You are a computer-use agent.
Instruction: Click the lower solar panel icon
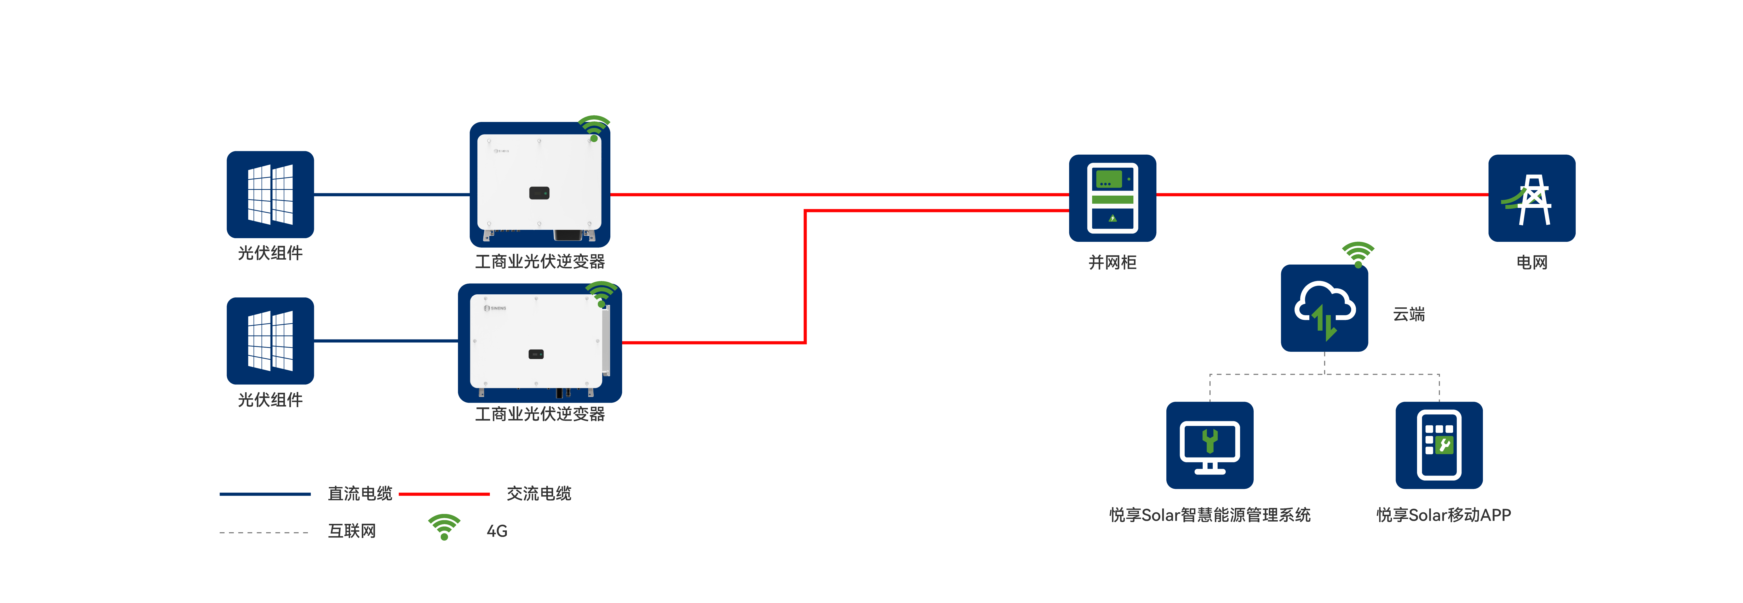(270, 341)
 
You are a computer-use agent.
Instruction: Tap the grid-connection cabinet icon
(1113, 198)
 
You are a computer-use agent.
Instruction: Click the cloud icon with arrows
(1324, 308)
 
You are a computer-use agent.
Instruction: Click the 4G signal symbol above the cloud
(1358, 254)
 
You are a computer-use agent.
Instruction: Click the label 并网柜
(1113, 262)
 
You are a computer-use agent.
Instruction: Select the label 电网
(1532, 262)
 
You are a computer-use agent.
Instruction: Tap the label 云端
(1409, 314)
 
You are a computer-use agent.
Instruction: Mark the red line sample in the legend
(444, 494)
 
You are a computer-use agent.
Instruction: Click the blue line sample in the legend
(265, 494)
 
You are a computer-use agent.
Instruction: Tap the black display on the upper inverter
(539, 193)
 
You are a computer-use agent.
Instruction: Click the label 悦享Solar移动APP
(1443, 515)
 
